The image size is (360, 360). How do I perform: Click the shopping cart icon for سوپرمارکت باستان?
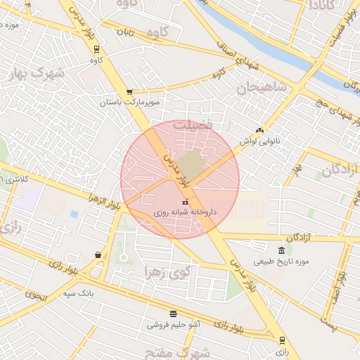(x=129, y=91)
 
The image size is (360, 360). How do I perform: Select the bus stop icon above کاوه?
(x=96, y=49)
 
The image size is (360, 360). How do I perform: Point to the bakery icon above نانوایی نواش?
(x=259, y=130)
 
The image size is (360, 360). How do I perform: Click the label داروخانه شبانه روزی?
(x=185, y=211)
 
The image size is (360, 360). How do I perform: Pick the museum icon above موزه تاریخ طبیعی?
(x=281, y=251)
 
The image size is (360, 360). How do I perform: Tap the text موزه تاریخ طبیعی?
(x=283, y=262)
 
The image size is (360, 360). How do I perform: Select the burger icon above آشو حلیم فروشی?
(x=173, y=314)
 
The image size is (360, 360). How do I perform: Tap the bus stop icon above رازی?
(x=282, y=340)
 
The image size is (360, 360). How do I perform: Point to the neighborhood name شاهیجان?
(x=262, y=88)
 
